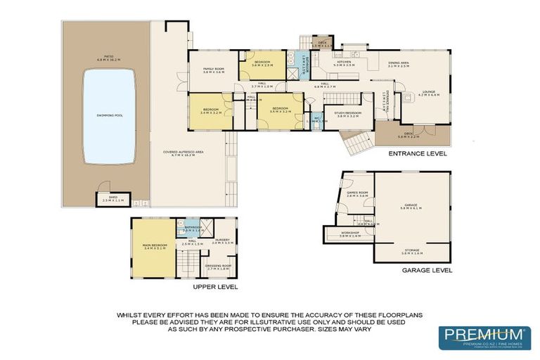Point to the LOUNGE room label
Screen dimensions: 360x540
click(428, 92)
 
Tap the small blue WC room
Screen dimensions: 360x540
click(317, 120)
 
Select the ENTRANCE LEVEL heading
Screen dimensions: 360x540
click(418, 153)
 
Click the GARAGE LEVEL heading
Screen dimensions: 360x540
click(426, 270)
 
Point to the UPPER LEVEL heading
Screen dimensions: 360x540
click(215, 287)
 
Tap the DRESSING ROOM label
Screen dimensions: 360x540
click(217, 266)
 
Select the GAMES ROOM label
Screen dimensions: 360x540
click(358, 193)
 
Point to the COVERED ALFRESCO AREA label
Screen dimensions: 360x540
click(183, 153)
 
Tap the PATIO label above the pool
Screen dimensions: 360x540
click(108, 58)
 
